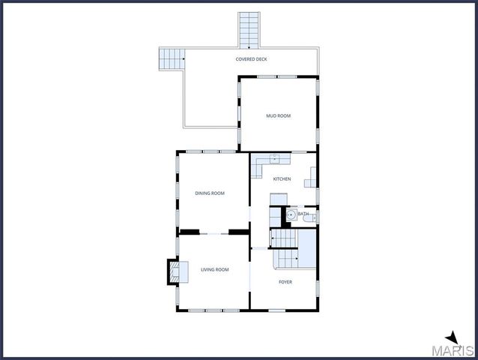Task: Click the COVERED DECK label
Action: pos(251,59)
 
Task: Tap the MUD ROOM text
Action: pos(279,116)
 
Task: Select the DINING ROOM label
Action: pos(210,193)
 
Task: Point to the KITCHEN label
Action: pos(282,178)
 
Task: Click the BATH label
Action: pos(303,214)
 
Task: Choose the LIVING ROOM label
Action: pos(214,269)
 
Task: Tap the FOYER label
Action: pos(285,282)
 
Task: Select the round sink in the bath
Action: pos(291,214)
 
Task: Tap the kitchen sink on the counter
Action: pos(275,157)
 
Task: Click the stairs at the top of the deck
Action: pos(249,30)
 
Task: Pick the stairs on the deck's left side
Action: pos(172,58)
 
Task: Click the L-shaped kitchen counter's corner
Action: pos(256,159)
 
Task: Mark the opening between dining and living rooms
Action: pos(213,232)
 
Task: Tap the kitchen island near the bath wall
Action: pos(278,199)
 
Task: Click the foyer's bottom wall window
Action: pos(277,310)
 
